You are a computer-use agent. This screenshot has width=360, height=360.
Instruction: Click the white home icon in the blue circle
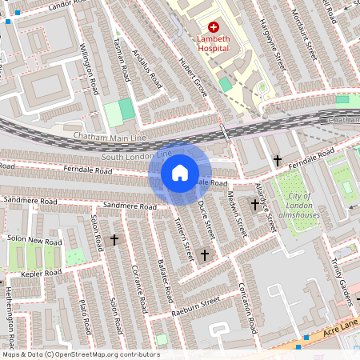pyautogui.click(x=180, y=172)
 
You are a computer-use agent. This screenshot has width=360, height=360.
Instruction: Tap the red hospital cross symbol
pyautogui.click(x=214, y=27)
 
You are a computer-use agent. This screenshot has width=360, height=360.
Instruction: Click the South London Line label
pyautogui.click(x=137, y=154)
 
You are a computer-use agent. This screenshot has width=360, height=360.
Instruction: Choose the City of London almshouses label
pyautogui.click(x=300, y=206)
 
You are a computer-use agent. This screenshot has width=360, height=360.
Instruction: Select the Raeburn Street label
pyautogui.click(x=200, y=307)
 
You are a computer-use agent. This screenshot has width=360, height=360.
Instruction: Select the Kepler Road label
pyautogui.click(x=42, y=274)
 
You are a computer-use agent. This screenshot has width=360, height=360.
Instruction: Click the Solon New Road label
pyautogui.click(x=34, y=241)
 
